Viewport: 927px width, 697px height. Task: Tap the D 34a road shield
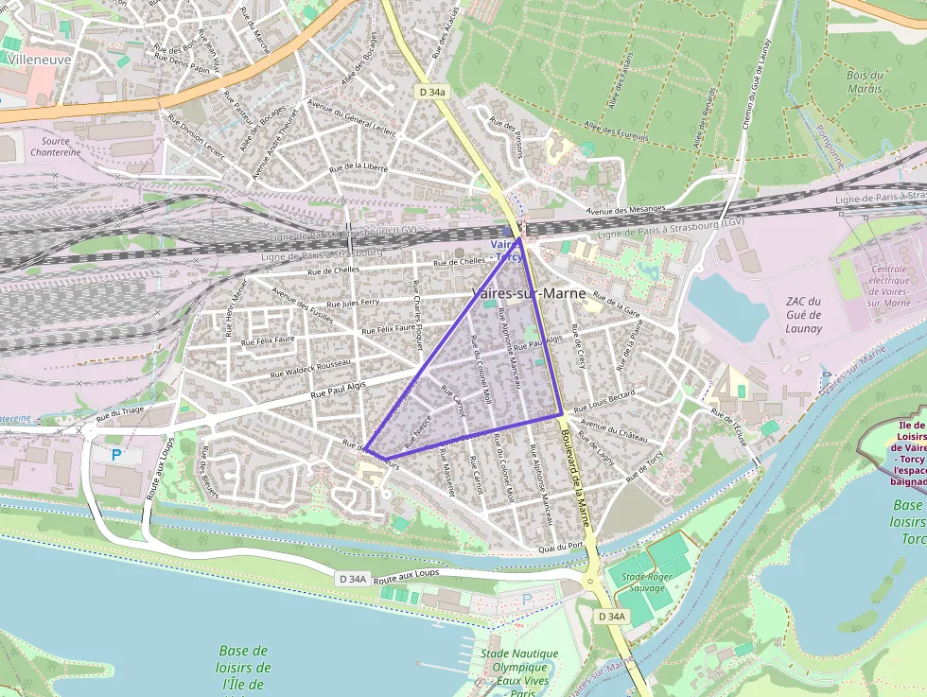coord(429,92)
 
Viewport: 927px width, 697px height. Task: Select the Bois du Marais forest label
coord(865,82)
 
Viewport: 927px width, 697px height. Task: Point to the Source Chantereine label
coord(55,146)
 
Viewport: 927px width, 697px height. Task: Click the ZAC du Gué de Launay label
coord(803,315)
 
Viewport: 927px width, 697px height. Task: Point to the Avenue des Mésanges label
coord(625,209)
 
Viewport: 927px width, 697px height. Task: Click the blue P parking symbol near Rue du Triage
coord(116,454)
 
